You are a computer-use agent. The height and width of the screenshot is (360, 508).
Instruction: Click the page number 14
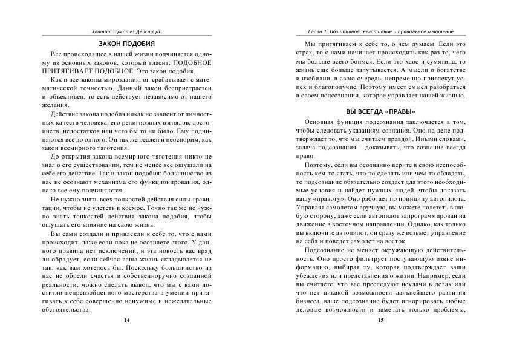(126, 320)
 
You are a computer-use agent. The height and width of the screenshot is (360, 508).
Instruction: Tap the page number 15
(380, 320)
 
